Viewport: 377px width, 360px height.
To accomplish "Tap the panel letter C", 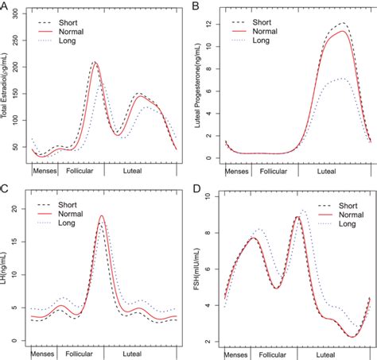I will (x=5, y=188).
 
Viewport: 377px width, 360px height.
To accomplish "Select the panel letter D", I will (x=196, y=188).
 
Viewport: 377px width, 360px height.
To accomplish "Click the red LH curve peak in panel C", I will (x=102, y=216).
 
